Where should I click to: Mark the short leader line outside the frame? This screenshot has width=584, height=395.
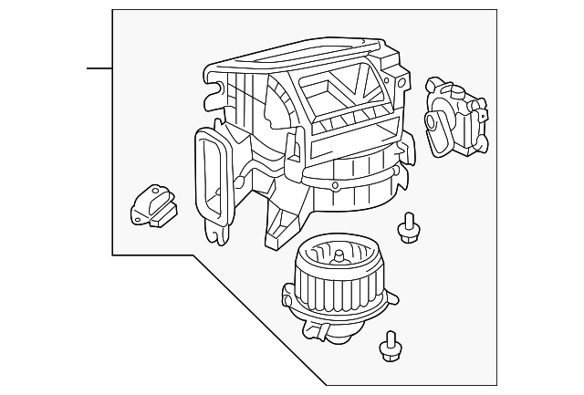(x=99, y=68)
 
